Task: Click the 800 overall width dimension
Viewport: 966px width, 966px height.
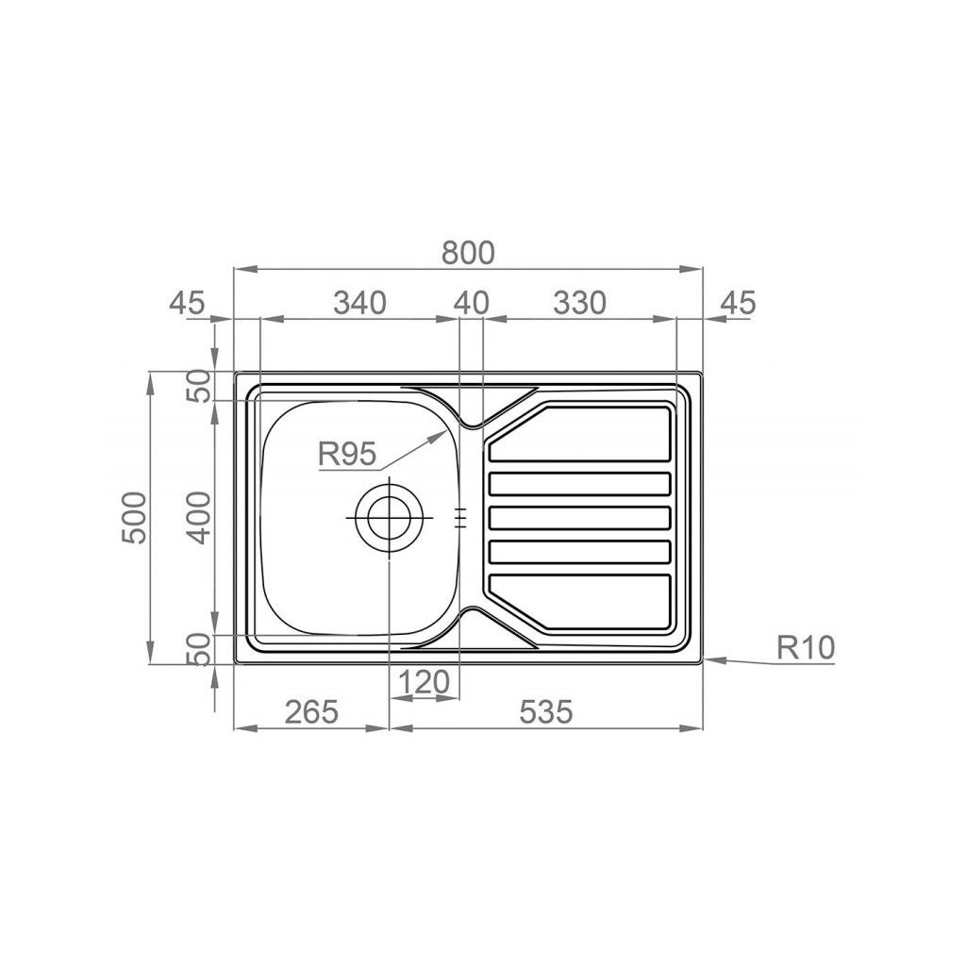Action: point(468,253)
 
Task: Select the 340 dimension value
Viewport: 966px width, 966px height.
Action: point(359,303)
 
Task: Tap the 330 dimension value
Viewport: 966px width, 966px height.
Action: point(580,303)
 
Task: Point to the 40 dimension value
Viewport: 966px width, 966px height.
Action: point(472,303)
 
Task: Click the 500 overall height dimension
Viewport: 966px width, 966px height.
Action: point(135,518)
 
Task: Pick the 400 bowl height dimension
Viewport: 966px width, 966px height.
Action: point(198,518)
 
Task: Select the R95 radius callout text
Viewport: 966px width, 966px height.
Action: point(346,455)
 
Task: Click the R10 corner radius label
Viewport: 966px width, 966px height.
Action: point(806,647)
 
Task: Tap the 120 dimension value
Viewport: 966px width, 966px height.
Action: point(425,682)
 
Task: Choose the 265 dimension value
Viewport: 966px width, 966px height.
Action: point(311,712)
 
